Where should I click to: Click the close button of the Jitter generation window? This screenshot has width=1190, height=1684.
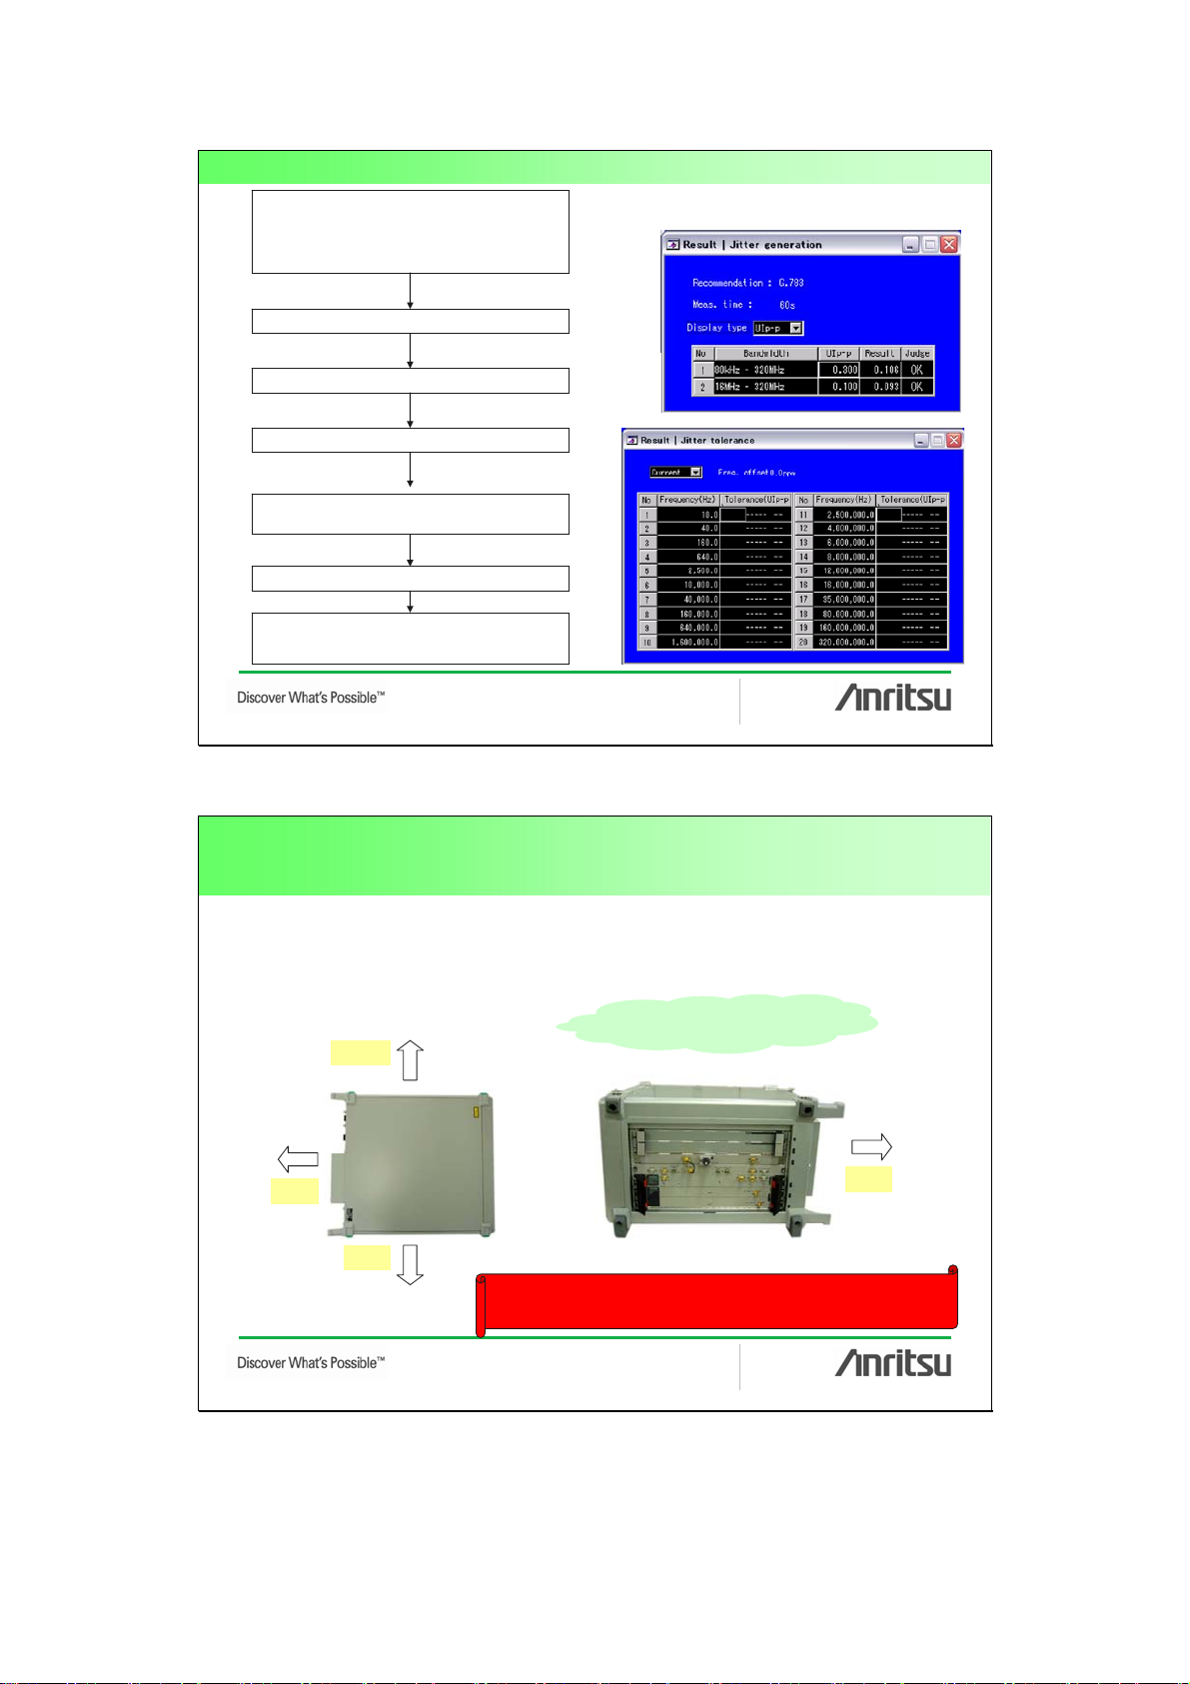[949, 244]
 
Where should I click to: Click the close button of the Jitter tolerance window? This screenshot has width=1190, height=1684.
[954, 440]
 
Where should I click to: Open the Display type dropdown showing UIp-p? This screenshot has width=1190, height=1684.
[796, 328]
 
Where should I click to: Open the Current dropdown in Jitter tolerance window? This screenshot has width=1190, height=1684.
[695, 472]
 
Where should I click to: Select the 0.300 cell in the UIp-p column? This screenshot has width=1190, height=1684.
[839, 370]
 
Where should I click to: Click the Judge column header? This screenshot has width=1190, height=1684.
[917, 353]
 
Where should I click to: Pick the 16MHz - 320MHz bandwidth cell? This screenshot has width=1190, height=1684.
[765, 387]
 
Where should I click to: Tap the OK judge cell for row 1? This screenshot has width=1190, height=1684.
[917, 370]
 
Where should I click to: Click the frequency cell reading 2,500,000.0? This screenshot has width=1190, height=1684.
[844, 515]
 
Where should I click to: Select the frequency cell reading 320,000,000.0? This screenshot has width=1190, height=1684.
[844, 642]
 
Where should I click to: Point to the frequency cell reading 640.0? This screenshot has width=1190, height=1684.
[688, 557]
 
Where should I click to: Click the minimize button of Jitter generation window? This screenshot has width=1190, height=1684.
[910, 244]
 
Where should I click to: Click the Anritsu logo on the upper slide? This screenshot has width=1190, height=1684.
[892, 698]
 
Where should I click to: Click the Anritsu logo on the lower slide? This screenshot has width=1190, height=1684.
[892, 1363]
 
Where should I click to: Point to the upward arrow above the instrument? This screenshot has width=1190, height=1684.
[411, 1059]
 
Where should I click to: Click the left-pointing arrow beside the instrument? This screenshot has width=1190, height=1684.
[297, 1159]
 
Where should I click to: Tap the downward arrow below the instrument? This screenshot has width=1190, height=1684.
[410, 1264]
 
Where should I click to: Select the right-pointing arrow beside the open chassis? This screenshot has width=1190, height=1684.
[871, 1147]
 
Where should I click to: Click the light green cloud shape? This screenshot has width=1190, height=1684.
[717, 1022]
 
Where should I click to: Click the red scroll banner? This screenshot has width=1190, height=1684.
[717, 1300]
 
